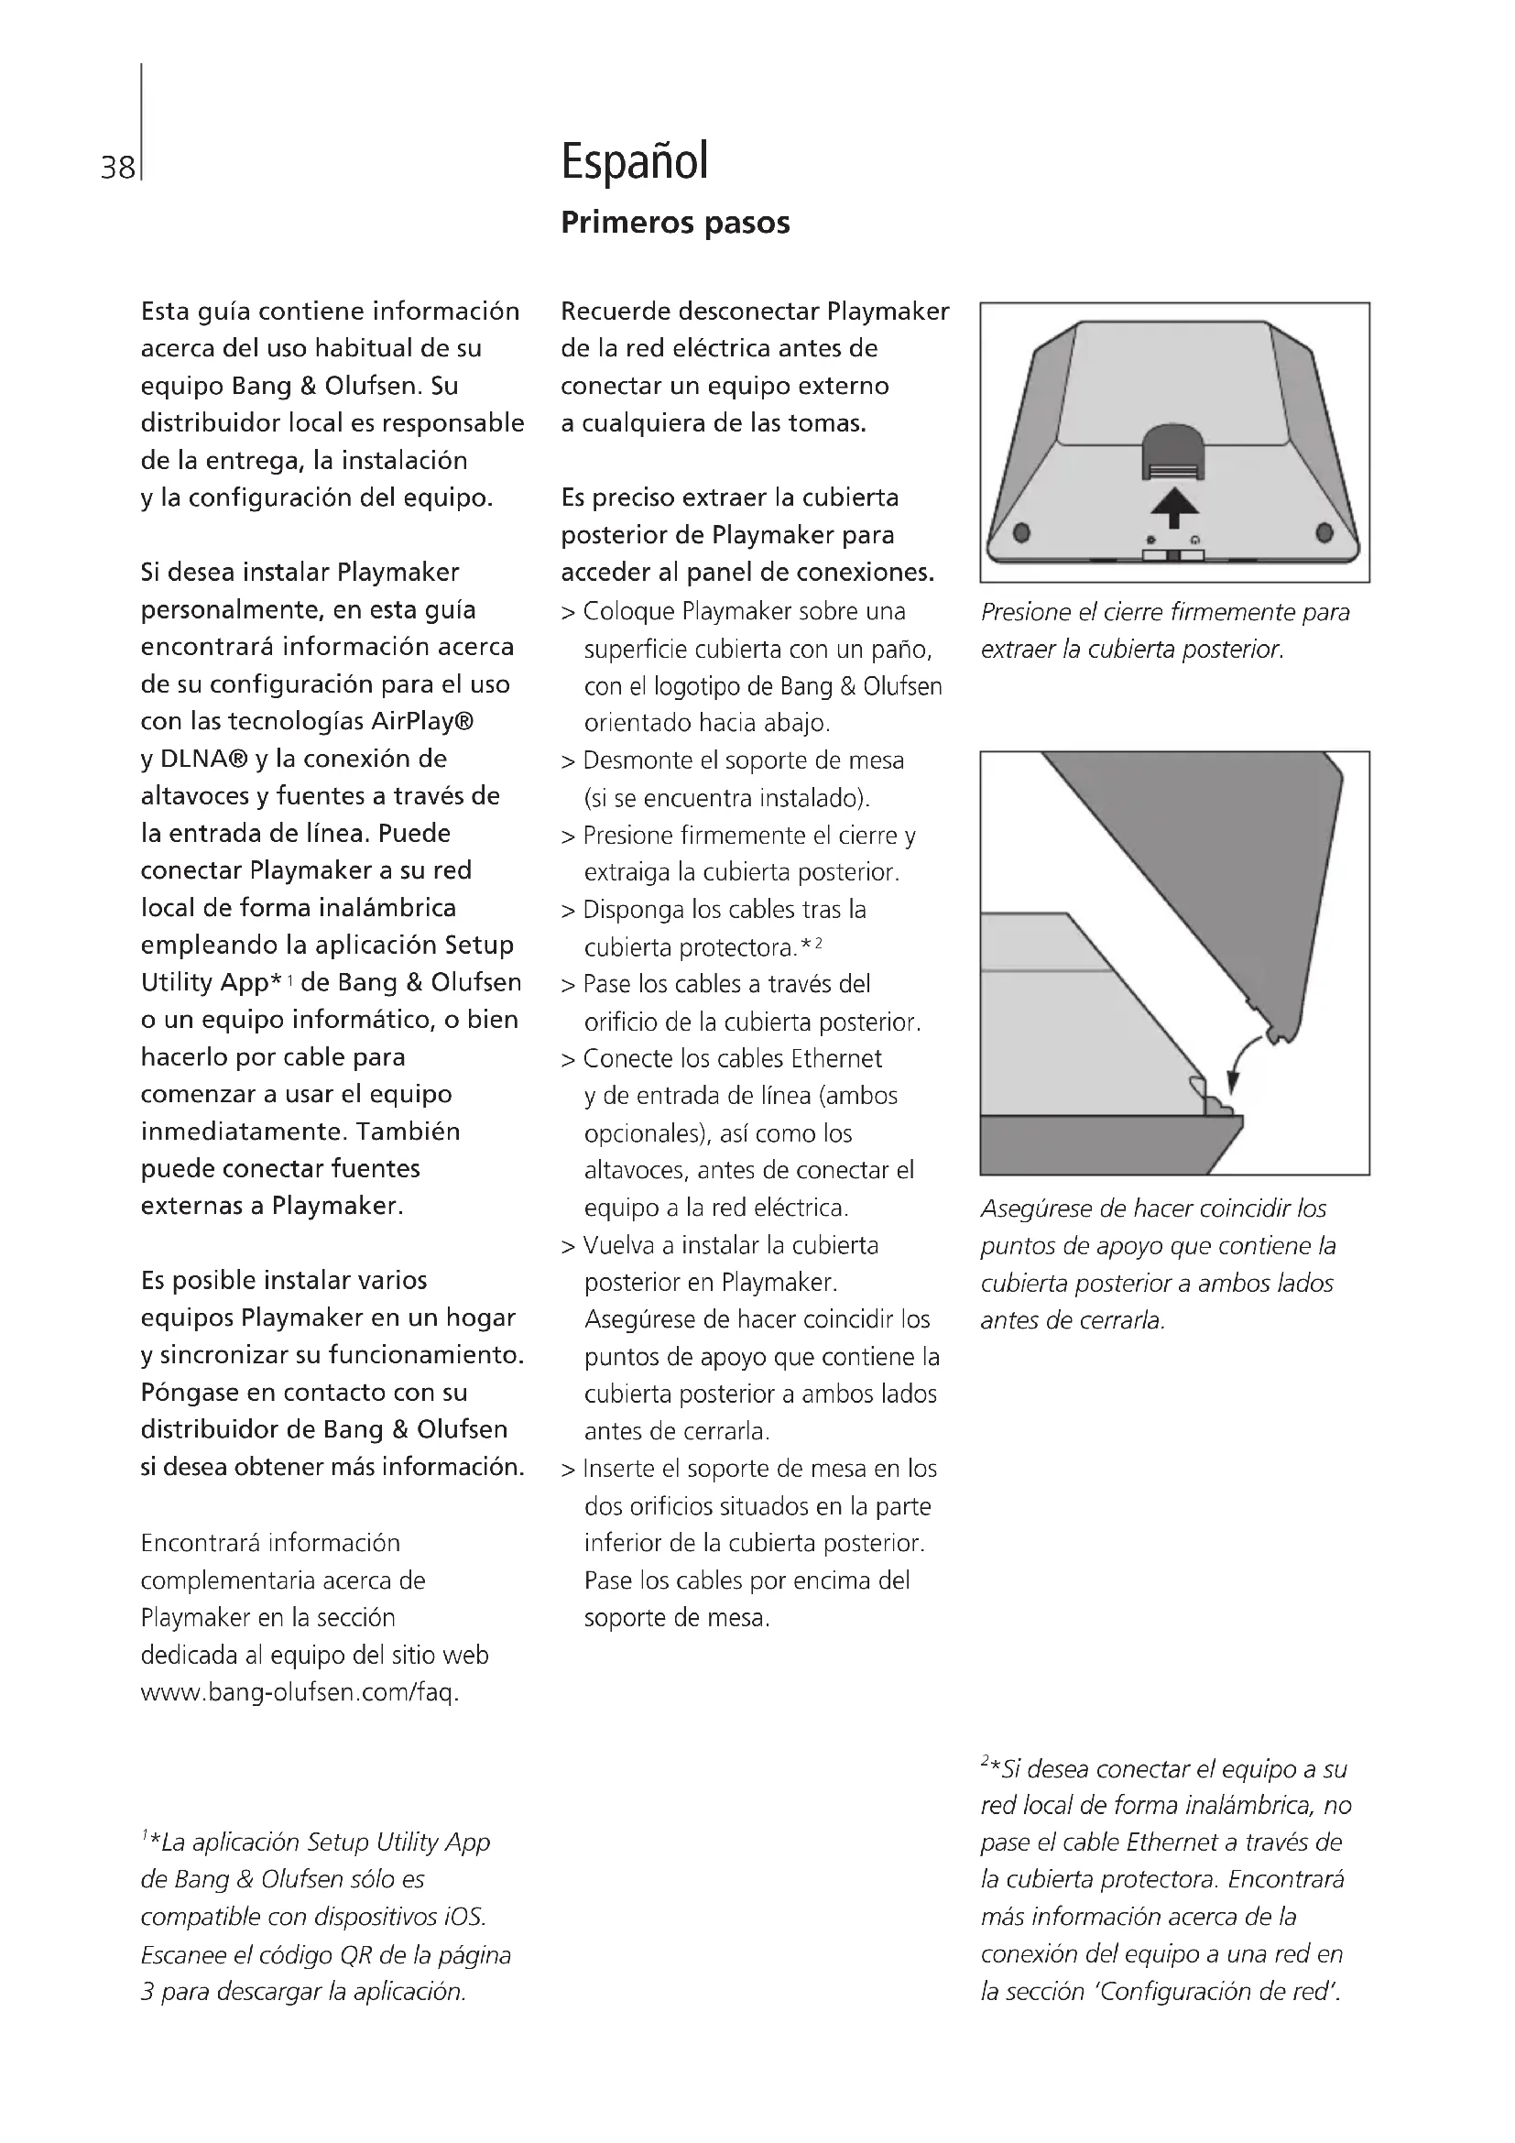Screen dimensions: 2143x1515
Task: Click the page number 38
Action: pyautogui.click(x=117, y=168)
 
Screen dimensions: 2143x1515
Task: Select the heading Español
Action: pyautogui.click(x=635, y=160)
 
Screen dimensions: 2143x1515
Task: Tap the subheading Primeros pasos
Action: pyautogui.click(x=674, y=223)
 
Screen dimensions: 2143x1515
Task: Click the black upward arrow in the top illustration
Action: pyautogui.click(x=1173, y=508)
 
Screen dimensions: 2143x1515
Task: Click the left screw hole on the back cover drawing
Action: pyautogui.click(x=1021, y=533)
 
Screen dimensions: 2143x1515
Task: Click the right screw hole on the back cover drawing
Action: pyautogui.click(x=1324, y=533)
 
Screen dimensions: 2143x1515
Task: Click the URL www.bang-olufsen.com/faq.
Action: pyautogui.click(x=300, y=1692)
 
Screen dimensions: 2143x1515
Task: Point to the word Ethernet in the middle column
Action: pyautogui.click(x=836, y=1058)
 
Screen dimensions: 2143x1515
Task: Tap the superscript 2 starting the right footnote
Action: pyautogui.click(x=986, y=1761)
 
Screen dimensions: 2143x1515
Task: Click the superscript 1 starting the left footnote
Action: pyautogui.click(x=145, y=1836)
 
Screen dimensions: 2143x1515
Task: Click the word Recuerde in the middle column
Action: pyautogui.click(x=616, y=311)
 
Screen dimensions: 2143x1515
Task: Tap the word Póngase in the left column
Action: pyautogui.click(x=190, y=1393)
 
